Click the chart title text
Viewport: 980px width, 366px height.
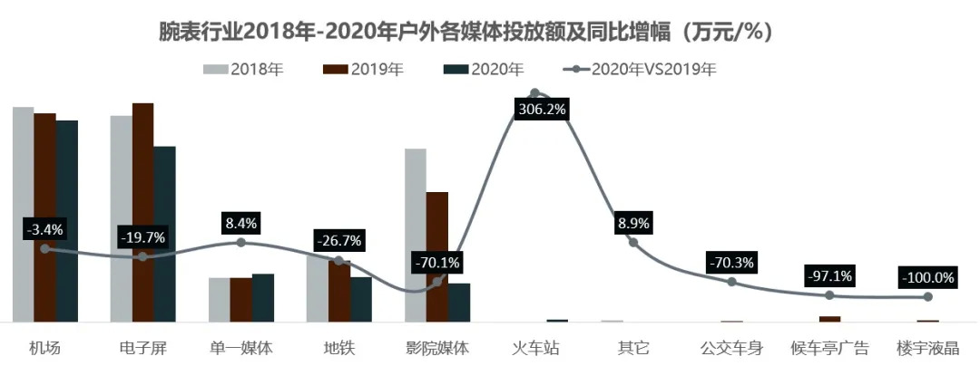pyautogui.click(x=465, y=32)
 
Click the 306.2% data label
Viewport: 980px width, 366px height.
pyautogui.click(x=542, y=110)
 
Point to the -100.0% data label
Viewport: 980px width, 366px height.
pyautogui.click(x=926, y=278)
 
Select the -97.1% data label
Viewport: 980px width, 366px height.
pyautogui.click(x=829, y=275)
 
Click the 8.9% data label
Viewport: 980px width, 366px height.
pyautogui.click(x=633, y=223)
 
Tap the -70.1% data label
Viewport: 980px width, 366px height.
pyautogui.click(x=436, y=263)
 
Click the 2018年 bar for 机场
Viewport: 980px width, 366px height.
pyautogui.click(x=23, y=214)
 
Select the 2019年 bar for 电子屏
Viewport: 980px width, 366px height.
pyautogui.click(x=142, y=212)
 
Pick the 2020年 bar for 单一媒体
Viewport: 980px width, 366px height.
pyautogui.click(x=263, y=297)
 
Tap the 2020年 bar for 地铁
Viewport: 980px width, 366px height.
pyautogui.click(x=360, y=299)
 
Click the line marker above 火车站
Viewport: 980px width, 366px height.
pyautogui.click(x=534, y=92)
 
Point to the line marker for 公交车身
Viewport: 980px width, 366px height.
pyautogui.click(x=731, y=282)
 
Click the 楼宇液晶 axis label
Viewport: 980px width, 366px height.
pyautogui.click(x=926, y=348)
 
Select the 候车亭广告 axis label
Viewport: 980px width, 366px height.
pyautogui.click(x=829, y=348)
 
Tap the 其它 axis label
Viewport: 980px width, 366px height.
pyautogui.click(x=633, y=348)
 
